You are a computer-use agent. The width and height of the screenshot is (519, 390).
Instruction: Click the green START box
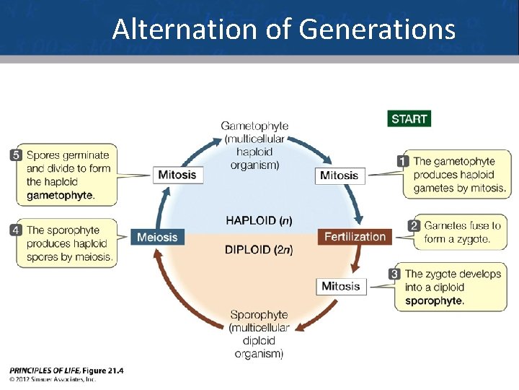(x=409, y=118)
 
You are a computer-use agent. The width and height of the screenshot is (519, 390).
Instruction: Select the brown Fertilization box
(x=355, y=237)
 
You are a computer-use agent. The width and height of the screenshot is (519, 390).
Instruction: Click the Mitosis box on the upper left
(x=177, y=175)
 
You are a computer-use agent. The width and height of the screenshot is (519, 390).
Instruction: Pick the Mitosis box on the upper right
(x=339, y=175)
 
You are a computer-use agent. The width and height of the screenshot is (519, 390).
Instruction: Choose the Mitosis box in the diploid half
(x=340, y=287)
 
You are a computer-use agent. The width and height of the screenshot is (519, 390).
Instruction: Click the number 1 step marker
(x=404, y=161)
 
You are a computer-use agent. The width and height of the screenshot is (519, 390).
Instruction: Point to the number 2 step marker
(x=414, y=226)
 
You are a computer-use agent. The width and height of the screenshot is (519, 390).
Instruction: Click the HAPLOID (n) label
(x=259, y=220)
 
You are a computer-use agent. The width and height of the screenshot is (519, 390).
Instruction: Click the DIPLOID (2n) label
(x=259, y=250)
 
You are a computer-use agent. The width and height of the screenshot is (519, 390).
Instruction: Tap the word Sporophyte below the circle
(x=259, y=315)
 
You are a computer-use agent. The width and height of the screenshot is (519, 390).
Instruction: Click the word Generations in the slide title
(x=376, y=30)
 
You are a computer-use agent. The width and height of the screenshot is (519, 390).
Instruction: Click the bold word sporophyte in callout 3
(x=434, y=300)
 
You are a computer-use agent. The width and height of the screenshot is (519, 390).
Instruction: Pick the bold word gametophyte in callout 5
(x=60, y=195)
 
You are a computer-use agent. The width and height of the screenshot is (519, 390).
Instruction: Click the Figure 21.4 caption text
(x=102, y=370)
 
